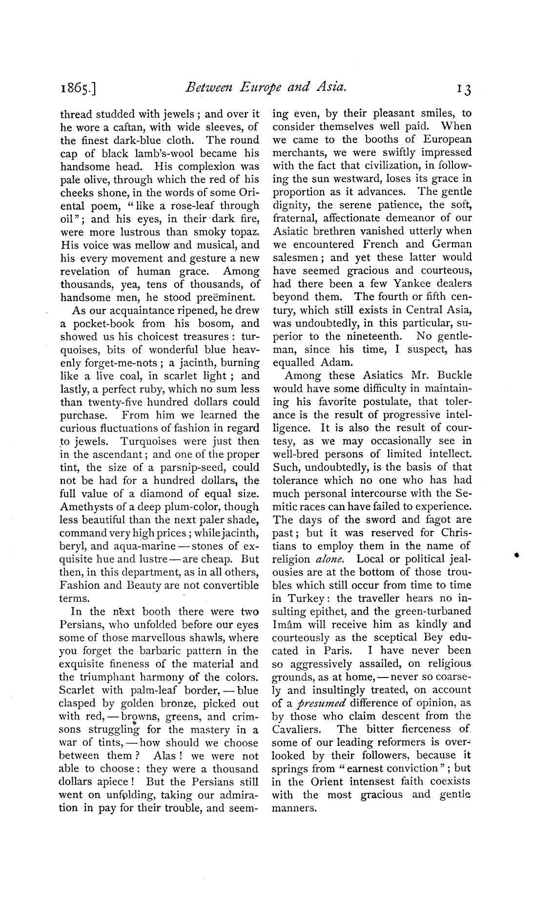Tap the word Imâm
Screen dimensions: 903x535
point(286,625)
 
